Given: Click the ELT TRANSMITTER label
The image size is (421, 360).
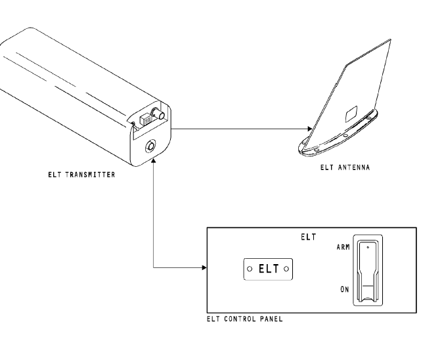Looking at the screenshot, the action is (81, 175).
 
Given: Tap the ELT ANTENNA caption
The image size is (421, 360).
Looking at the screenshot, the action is (345, 168).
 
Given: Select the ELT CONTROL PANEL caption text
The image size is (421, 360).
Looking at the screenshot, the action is (244, 319).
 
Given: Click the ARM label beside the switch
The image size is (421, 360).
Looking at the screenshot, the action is (343, 247).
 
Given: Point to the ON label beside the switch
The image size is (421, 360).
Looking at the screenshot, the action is (344, 290).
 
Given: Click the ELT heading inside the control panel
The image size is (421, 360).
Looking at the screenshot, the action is (309, 237).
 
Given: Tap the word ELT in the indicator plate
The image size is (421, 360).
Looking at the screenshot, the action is (269, 269).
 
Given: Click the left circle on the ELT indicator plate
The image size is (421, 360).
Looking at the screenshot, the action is (250, 269).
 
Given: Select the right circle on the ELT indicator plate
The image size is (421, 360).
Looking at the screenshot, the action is (286, 269).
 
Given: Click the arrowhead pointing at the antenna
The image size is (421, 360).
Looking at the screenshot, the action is (309, 129).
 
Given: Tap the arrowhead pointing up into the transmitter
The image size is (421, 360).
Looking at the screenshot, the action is (153, 160).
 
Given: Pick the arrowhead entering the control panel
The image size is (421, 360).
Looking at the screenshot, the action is (204, 267).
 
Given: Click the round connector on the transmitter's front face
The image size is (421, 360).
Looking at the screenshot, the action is (150, 146).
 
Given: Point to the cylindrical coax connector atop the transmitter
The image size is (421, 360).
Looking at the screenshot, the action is (158, 114).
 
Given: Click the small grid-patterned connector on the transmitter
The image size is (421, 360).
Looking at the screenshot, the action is (146, 120).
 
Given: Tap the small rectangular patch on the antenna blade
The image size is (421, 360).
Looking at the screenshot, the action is (351, 114).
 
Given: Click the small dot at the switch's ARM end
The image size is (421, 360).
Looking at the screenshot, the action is (368, 247).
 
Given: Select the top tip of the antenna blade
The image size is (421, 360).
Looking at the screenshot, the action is (390, 39).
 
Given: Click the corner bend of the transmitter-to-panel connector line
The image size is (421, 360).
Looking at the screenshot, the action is (153, 267).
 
